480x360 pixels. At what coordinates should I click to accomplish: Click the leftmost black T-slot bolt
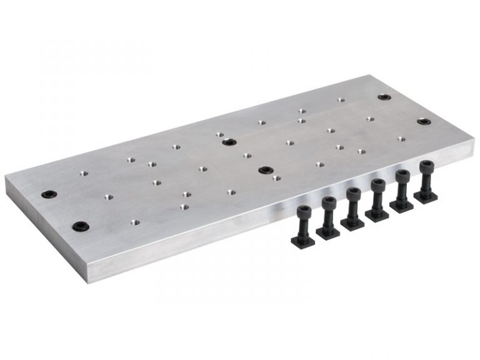point(304,222)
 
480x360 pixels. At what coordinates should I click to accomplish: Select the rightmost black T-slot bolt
point(426,182)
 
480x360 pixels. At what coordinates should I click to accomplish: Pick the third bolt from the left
point(353,207)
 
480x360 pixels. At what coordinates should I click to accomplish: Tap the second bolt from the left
point(329,216)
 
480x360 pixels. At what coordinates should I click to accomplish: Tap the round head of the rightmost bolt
point(426,166)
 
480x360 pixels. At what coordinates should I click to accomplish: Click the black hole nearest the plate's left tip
point(47,194)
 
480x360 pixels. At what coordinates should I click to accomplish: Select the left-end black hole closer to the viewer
point(79,226)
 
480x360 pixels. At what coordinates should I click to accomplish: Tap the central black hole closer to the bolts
point(266,169)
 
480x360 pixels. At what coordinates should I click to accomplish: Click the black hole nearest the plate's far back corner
point(384,97)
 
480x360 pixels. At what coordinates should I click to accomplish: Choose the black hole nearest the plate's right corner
point(424,121)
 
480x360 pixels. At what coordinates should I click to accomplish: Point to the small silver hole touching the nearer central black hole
point(276,177)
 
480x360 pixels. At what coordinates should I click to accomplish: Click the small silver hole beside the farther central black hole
point(220,134)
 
